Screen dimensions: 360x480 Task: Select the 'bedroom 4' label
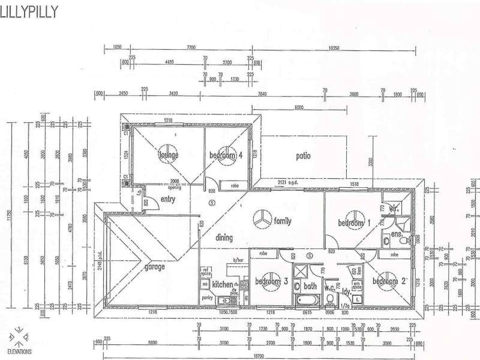coord(226,155)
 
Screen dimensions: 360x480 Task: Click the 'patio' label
coord(303,156)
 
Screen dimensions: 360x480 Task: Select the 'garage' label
coord(155,268)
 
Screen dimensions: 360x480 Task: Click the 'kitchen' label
coord(222,284)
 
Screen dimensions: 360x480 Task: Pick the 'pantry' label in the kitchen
coord(208,297)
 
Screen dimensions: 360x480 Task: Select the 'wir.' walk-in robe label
coord(394,209)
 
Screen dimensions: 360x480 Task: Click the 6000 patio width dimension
coord(298,109)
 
